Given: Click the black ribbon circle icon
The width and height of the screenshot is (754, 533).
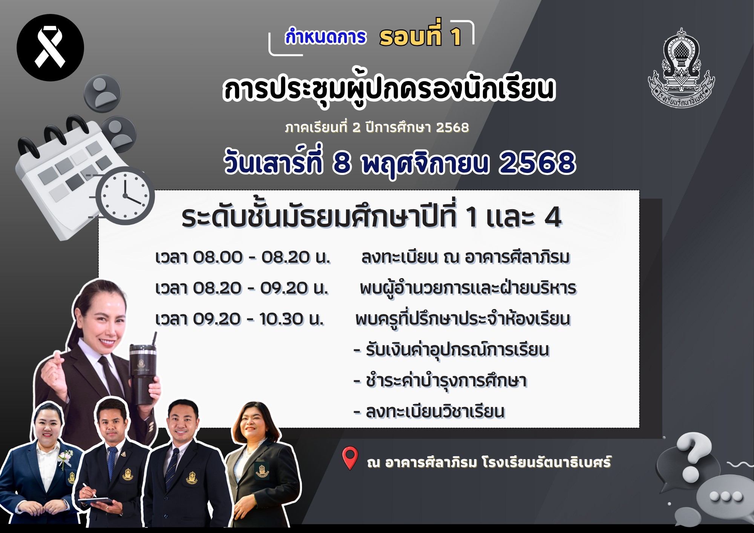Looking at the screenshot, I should tap(50, 48).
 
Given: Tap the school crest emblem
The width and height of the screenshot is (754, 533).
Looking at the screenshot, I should tap(681, 68).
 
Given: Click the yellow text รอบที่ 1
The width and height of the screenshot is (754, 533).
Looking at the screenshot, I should tap(420, 37).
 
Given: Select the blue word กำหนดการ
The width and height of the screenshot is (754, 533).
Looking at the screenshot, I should tap(325, 37).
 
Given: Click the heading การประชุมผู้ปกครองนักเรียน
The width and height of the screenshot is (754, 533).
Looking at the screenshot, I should tap(389, 90).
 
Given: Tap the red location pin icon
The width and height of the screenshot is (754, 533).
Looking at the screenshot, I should tap(350, 458).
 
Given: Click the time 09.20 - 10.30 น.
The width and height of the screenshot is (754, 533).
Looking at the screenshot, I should tap(239, 319).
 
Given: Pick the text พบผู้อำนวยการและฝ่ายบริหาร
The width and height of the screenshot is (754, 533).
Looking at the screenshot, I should tap(468, 288).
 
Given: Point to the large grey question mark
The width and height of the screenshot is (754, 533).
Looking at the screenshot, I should tap(693, 456).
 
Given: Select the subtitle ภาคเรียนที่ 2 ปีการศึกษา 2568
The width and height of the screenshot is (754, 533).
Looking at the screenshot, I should tap(377, 128).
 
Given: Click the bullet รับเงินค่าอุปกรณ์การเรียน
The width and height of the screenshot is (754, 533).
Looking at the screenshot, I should tap(451, 350).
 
